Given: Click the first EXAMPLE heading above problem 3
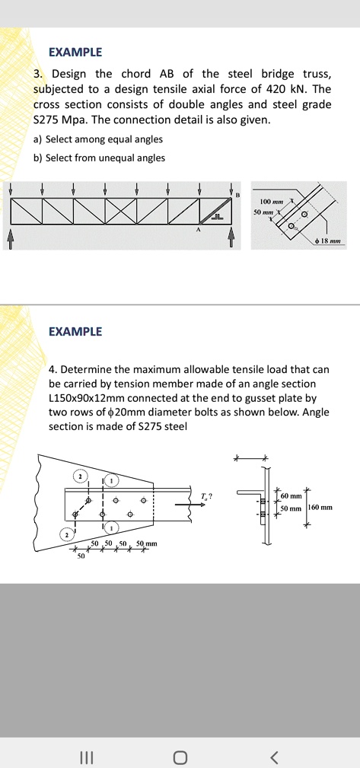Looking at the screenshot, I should (x=75, y=53).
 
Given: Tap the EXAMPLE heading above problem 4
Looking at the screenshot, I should (x=75, y=332).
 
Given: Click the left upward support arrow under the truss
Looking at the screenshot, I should (x=11, y=238).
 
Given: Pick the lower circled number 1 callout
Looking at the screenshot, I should (x=113, y=528).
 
